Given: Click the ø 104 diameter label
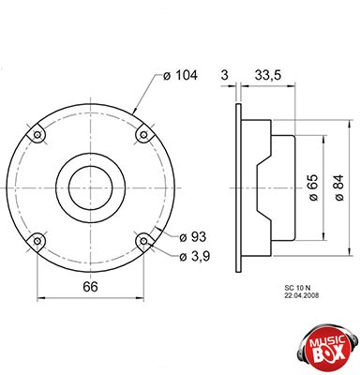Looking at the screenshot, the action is [180, 75].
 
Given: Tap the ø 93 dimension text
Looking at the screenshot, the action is [193, 237].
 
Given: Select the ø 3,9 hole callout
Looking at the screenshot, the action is [195, 257].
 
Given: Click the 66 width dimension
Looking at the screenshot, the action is [90, 287].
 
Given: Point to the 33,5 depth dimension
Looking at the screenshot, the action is [268, 75].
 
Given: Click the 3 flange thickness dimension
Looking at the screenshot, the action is [225, 75].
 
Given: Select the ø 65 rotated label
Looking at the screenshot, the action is [313, 187].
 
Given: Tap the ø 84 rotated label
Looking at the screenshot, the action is [338, 187].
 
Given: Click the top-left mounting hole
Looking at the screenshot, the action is [37, 135].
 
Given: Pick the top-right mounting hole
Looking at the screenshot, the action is [143, 135].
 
